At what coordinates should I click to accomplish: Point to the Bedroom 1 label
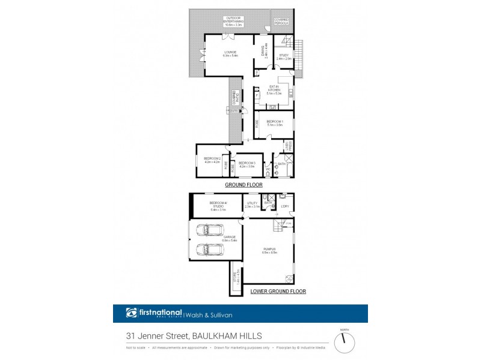275,123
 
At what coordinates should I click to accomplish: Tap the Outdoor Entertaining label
233,22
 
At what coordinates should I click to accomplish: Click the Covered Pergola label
281,22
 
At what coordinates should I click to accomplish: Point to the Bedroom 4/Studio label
218,207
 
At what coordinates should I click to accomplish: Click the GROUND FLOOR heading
241,185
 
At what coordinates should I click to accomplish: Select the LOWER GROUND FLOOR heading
278,292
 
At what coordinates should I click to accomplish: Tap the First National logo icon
132,313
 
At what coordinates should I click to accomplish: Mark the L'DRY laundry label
285,207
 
